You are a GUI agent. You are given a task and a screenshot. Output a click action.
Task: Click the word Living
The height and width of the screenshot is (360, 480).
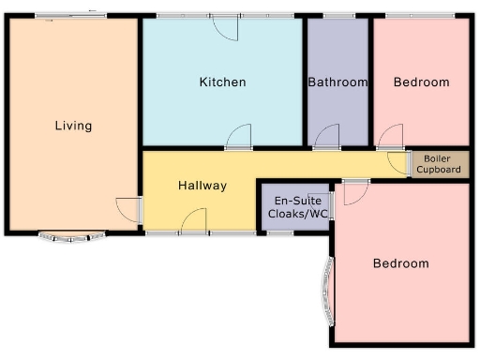click(73, 126)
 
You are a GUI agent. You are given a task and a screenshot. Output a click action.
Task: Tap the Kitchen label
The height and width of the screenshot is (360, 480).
click(223, 82)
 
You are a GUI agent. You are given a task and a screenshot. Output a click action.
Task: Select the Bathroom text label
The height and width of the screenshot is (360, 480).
click(337, 82)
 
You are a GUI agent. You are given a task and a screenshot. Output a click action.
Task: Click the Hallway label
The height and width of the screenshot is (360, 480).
click(202, 186)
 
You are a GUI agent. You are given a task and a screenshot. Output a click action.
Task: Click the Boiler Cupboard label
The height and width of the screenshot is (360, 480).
click(439, 164)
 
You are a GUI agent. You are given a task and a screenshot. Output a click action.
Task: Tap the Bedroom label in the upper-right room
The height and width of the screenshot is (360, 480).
click(421, 82)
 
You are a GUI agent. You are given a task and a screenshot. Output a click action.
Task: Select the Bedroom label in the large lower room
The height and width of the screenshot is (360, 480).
click(400, 263)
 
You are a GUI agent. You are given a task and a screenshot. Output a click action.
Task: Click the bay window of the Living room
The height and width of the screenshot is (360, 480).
click(69, 237)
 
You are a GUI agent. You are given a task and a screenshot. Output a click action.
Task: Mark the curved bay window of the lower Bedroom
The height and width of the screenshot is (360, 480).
click(326, 290)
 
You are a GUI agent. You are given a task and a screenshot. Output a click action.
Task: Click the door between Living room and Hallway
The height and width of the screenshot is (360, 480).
click(129, 210)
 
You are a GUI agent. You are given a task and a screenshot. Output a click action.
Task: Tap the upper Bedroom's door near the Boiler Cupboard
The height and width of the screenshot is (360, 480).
click(391, 138)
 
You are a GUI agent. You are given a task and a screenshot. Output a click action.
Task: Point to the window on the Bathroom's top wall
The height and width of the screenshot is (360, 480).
click(338, 16)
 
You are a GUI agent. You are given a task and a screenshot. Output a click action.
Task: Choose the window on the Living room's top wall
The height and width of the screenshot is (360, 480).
click(71, 16)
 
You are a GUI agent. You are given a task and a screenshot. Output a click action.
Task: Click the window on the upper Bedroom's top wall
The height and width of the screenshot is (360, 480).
click(420, 16)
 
